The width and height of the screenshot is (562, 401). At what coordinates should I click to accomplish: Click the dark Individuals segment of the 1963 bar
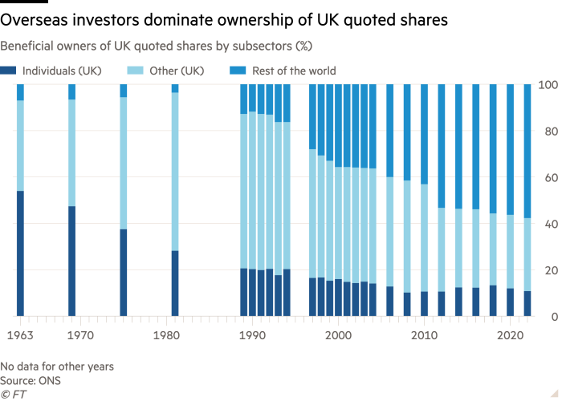(20, 253)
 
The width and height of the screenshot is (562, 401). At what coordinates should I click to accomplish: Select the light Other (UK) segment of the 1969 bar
(71, 152)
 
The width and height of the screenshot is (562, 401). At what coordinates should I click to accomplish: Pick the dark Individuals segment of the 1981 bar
(174, 284)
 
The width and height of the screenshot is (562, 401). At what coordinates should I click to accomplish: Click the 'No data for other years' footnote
(57, 366)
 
